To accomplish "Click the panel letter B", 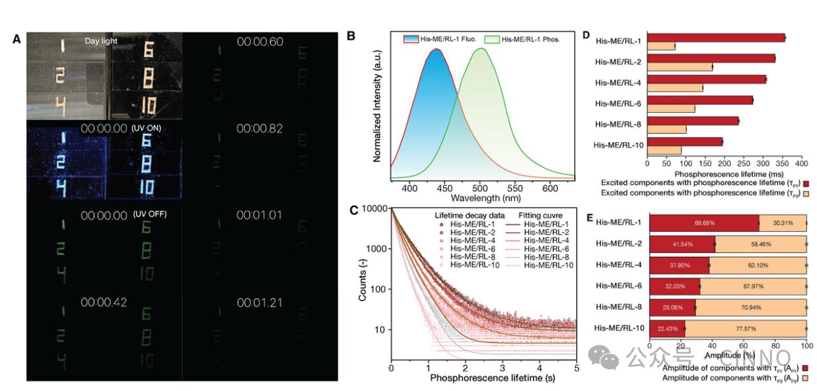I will [x=351, y=35].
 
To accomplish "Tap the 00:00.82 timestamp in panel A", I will [x=259, y=128].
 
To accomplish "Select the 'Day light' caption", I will [x=101, y=41].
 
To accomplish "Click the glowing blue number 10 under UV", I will [x=147, y=188].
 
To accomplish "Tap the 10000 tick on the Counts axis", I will [x=374, y=209].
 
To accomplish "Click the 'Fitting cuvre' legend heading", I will [x=541, y=215].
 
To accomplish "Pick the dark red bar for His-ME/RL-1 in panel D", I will [x=716, y=37].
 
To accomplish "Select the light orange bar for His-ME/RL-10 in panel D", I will [x=664, y=151].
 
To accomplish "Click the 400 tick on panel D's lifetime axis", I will [x=802, y=165].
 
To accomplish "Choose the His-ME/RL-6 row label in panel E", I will [x=619, y=286].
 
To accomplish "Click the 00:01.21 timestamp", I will [x=259, y=303].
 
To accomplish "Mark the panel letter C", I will [x=354, y=210].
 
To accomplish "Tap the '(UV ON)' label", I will [x=146, y=128].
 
